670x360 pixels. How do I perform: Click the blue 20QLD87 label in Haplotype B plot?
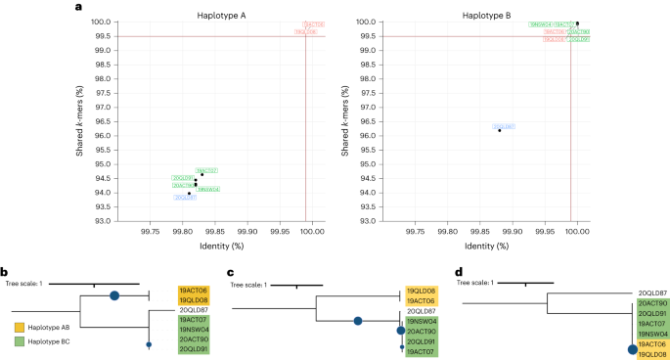[504, 126]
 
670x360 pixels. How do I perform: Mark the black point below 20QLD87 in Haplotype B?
[499, 130]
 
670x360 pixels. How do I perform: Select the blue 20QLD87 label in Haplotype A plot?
[186, 198]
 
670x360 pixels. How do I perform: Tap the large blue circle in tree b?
[114, 294]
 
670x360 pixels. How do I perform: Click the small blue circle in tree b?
[149, 344]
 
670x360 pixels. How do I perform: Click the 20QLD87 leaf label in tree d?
[653, 292]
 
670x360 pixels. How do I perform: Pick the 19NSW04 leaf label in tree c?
[423, 322]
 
